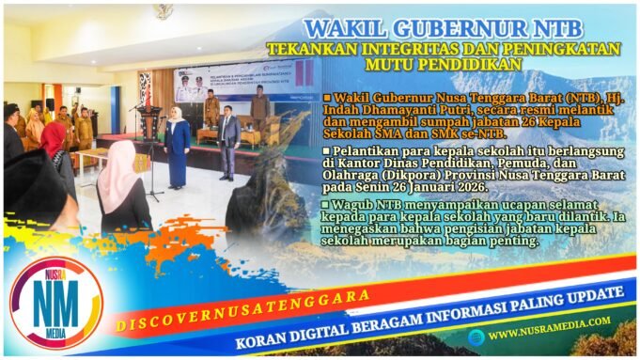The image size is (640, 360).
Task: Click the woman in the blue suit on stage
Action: (x=177, y=141)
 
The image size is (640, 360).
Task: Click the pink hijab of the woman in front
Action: (x=118, y=165)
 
